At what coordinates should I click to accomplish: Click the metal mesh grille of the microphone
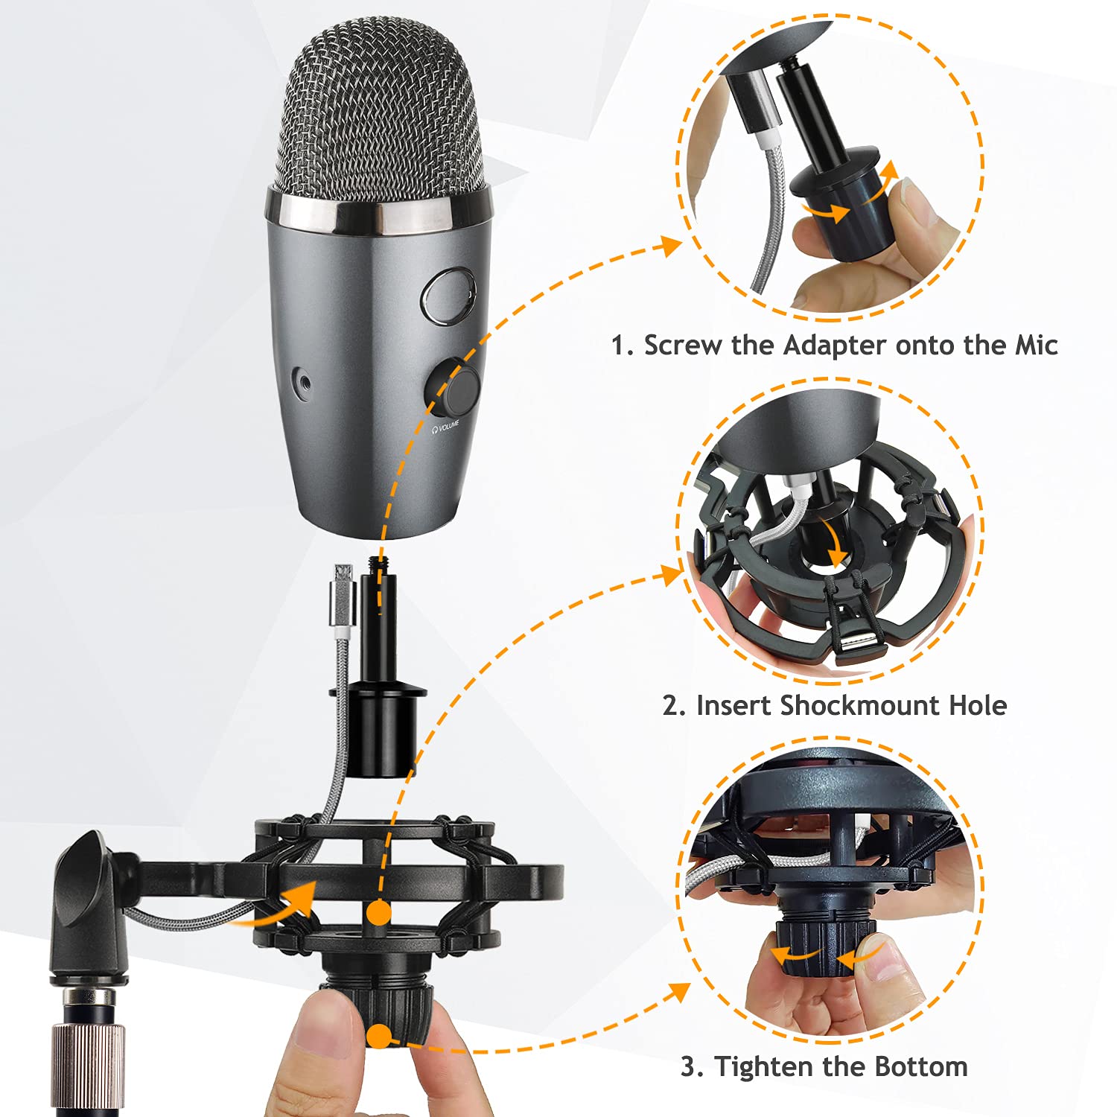click(380, 112)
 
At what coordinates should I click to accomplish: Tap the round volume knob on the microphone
click(454, 386)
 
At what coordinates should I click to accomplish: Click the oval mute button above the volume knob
click(449, 296)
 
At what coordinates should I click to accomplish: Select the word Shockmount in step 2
click(860, 705)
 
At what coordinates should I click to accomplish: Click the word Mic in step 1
click(1037, 346)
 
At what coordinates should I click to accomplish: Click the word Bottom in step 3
click(921, 1066)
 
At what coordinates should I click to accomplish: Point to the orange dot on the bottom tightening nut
click(380, 1036)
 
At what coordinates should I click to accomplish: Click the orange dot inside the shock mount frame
click(379, 912)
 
